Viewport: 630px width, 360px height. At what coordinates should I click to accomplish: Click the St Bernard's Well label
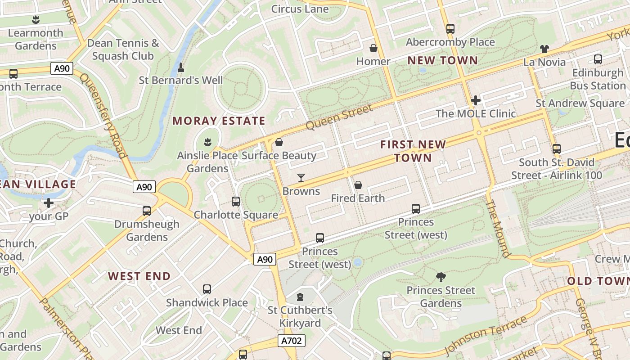(180, 81)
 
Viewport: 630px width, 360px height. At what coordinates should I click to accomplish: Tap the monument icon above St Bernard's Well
(181, 67)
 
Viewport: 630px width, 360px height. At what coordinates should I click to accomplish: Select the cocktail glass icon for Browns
(301, 178)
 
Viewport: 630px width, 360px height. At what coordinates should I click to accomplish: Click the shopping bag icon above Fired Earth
(358, 185)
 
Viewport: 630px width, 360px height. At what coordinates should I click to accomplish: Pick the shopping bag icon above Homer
(373, 48)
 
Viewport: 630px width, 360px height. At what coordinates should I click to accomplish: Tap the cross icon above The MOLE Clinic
(476, 100)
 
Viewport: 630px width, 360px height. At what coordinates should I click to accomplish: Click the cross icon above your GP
(49, 203)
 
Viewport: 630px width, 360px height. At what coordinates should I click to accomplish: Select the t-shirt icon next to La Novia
(544, 49)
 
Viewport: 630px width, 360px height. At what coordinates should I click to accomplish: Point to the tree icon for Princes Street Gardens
(441, 277)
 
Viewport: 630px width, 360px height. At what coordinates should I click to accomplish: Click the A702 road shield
(291, 341)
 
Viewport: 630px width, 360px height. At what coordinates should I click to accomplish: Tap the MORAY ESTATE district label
(219, 121)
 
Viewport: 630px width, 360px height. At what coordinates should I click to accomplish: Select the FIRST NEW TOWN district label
(413, 151)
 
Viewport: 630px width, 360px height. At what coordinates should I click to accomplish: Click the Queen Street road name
(339, 117)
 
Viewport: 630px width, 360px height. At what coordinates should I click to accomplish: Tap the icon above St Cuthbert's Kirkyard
(300, 297)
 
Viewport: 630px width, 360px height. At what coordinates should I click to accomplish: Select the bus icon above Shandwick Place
(207, 289)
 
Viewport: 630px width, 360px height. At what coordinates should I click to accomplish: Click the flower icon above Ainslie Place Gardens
(207, 143)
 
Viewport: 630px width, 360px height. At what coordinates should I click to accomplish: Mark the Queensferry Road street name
(103, 115)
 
